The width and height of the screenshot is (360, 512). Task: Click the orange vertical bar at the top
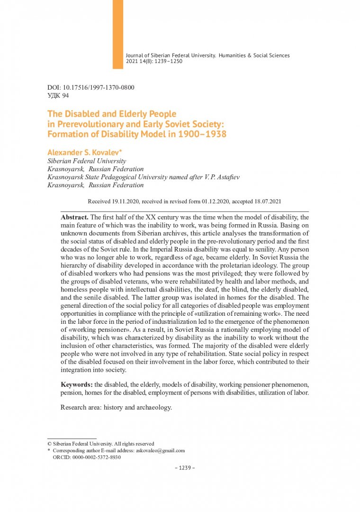point(118,34)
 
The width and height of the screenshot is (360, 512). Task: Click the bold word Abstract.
point(74,217)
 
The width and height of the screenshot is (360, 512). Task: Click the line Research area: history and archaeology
point(116,407)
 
